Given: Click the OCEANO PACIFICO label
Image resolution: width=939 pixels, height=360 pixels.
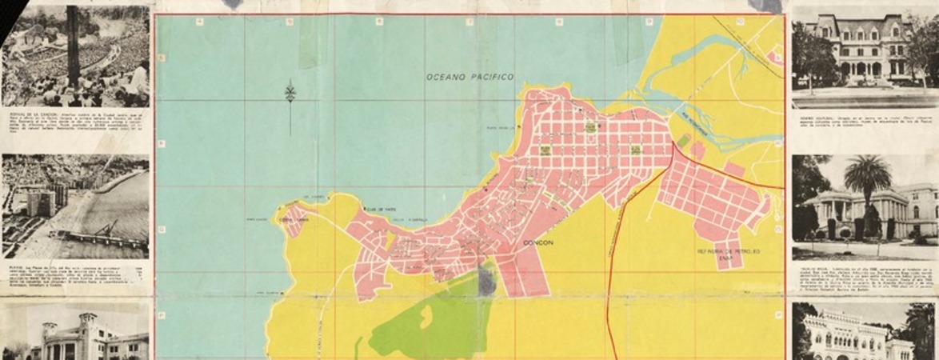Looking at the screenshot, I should pyautogui.click(x=469, y=77).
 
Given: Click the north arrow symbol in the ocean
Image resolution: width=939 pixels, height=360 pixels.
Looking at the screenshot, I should pyautogui.click(x=290, y=94).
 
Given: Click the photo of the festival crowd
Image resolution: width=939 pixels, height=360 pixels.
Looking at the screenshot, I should pyautogui.click(x=75, y=56).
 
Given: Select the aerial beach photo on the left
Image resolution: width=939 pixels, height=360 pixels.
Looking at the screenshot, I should pyautogui.click(x=75, y=206).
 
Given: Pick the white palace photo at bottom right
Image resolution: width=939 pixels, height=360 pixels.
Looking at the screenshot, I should pyautogui.click(x=863, y=332).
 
